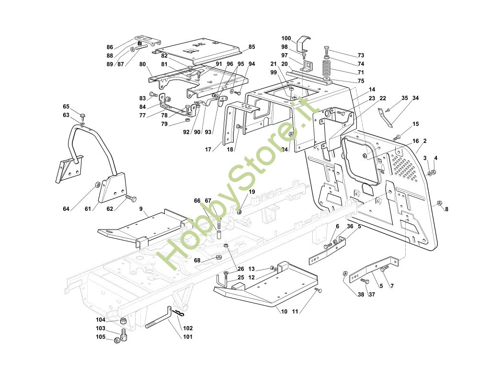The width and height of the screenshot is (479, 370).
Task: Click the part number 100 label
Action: pos(286,38)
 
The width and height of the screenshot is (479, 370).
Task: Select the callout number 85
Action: pos(252,47)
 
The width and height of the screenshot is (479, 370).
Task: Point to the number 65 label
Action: pos(66,106)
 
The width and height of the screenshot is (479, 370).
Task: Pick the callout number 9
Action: pos(141,209)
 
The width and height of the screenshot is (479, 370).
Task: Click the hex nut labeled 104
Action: pos(123,321)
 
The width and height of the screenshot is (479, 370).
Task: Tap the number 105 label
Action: pos(101,336)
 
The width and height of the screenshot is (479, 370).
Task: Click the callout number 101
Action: pos(188,336)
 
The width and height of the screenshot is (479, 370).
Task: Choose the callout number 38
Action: pos(361,294)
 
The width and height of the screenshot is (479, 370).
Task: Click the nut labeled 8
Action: pos(439,203)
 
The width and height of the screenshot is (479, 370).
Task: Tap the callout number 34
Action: pos(415,98)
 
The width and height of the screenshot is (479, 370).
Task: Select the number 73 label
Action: pos(361,55)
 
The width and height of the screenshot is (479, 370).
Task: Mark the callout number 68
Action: pos(197,260)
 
